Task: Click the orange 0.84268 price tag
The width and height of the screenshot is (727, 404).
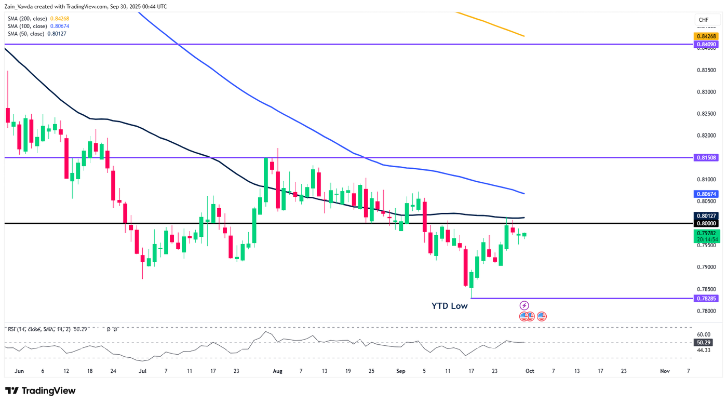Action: [x=706, y=36]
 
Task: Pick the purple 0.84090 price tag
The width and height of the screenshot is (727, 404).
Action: [x=706, y=45]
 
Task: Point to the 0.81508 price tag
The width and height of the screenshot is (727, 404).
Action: [x=706, y=157]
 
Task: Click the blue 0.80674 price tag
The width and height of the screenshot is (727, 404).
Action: [x=706, y=194]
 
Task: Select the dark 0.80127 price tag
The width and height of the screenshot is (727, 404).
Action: [x=706, y=216]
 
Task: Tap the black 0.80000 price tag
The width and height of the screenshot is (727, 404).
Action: [x=706, y=223]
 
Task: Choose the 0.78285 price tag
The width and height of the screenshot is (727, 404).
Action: [x=706, y=299]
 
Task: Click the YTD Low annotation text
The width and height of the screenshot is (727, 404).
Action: [x=449, y=306]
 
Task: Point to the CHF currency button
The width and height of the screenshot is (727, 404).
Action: [x=704, y=20]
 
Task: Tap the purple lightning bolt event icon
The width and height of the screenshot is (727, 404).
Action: [x=524, y=305]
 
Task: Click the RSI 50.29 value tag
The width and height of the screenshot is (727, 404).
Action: [x=705, y=343]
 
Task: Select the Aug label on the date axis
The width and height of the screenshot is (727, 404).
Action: [x=277, y=371]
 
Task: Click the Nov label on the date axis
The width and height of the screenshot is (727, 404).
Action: [x=664, y=371]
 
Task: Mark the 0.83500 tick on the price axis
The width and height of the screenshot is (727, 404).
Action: [x=706, y=70]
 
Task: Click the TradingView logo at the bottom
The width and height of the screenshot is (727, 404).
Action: [x=41, y=391]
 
